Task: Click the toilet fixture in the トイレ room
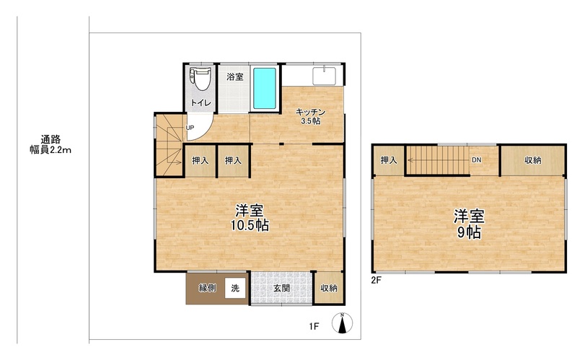(x=201, y=78)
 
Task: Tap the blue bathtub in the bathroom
(x=265, y=88)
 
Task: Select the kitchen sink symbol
(x=324, y=76)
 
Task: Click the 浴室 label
(x=235, y=77)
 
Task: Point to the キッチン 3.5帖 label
(x=311, y=116)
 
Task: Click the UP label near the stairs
(x=190, y=128)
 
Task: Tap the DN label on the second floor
(x=477, y=160)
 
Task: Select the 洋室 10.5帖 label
(x=250, y=218)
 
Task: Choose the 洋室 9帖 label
(x=469, y=224)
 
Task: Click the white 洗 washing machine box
(x=235, y=288)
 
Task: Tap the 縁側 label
(x=207, y=289)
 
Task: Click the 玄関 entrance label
(x=281, y=289)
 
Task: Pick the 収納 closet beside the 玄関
(x=329, y=289)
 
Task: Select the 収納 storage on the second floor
(x=533, y=160)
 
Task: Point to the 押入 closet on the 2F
(x=389, y=160)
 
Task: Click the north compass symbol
(x=342, y=322)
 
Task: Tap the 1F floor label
(x=314, y=327)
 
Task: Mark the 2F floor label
(x=376, y=280)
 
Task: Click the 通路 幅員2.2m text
(x=50, y=145)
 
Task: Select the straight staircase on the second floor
(x=438, y=160)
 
